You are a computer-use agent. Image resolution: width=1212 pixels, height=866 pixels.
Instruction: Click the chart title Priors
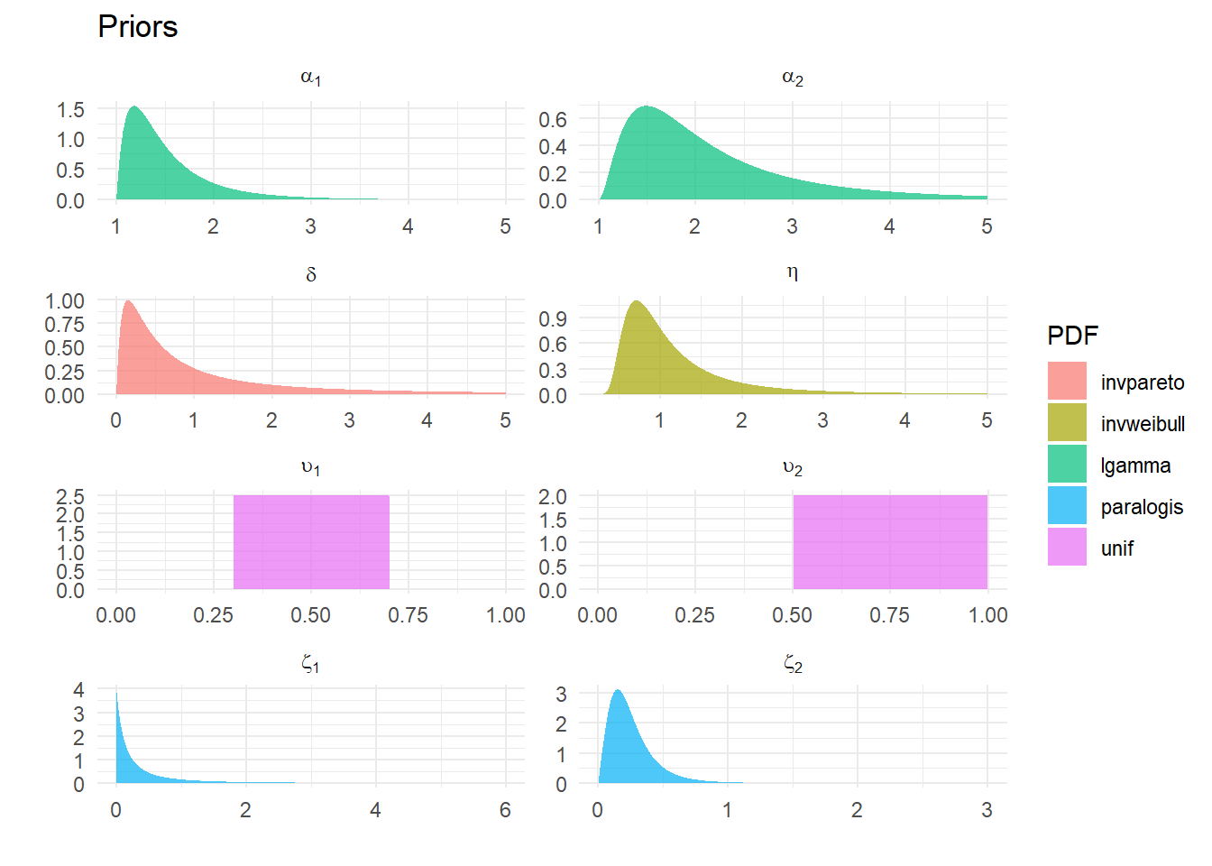tap(137, 27)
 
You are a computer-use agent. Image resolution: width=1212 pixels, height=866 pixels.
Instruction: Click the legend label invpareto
tap(1142, 382)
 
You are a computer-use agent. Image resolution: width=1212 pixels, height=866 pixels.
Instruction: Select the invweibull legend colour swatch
tap(1067, 422)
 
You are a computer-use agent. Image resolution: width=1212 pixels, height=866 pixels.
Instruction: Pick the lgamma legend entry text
tap(1135, 465)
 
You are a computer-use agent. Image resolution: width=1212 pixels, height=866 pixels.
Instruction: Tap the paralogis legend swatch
tap(1067, 505)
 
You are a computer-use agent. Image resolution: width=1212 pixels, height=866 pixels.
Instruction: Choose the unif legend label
tap(1116, 548)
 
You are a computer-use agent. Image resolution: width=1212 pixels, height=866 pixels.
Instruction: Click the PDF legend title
tap(1072, 336)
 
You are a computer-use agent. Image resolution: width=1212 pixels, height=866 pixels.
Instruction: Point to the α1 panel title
tap(310, 78)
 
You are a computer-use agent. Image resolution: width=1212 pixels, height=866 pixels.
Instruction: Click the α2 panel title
tap(792, 78)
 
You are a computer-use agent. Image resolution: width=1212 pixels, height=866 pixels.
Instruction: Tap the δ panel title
tap(310, 274)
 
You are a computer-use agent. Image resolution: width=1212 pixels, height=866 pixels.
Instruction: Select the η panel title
tap(792, 272)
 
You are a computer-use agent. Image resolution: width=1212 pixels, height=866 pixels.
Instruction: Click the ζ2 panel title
tap(792, 665)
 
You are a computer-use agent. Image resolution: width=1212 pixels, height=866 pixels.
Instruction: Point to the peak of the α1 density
tap(134, 107)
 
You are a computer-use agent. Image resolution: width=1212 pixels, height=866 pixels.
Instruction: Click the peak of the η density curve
tap(637, 301)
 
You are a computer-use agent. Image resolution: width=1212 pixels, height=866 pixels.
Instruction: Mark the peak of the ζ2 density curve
tap(618, 691)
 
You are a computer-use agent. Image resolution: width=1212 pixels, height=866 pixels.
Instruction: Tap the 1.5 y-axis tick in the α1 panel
tap(70, 110)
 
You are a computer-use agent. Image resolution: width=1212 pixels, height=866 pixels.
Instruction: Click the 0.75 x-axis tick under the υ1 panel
tap(408, 615)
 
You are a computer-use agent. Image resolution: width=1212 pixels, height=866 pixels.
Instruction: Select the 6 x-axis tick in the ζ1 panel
tap(505, 810)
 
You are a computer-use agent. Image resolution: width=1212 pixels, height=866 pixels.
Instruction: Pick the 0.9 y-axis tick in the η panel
tap(553, 318)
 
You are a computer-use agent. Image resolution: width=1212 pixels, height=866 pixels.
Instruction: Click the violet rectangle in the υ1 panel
tap(311, 541)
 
